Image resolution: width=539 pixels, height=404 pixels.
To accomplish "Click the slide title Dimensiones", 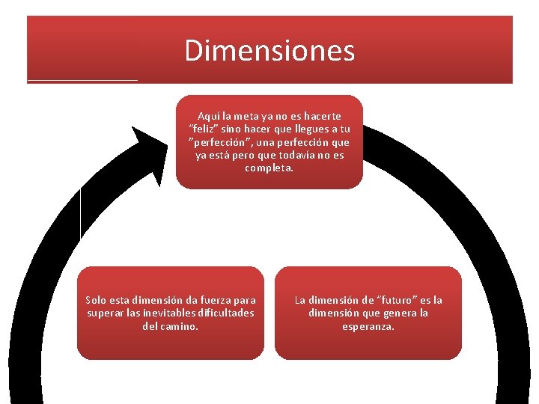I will (269, 51).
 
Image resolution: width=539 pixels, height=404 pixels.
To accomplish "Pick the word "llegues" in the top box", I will (302, 129).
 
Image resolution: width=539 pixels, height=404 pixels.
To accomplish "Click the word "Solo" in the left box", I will (98, 300).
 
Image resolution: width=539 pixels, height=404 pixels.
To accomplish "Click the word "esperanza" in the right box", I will (368, 326).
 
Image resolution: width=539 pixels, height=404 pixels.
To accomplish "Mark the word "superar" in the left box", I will (105, 313).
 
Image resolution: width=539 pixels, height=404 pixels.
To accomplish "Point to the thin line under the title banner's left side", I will (82, 79).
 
